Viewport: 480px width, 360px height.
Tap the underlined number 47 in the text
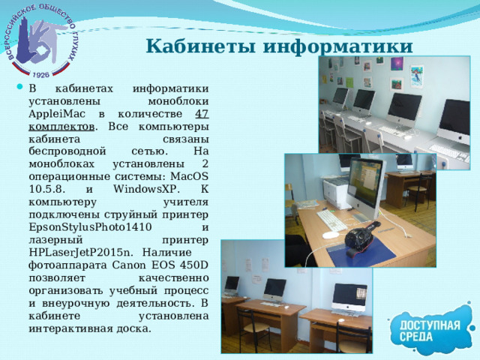[201, 113]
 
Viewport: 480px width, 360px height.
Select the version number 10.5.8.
[47, 189]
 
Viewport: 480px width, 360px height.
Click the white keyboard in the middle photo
[331, 219]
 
